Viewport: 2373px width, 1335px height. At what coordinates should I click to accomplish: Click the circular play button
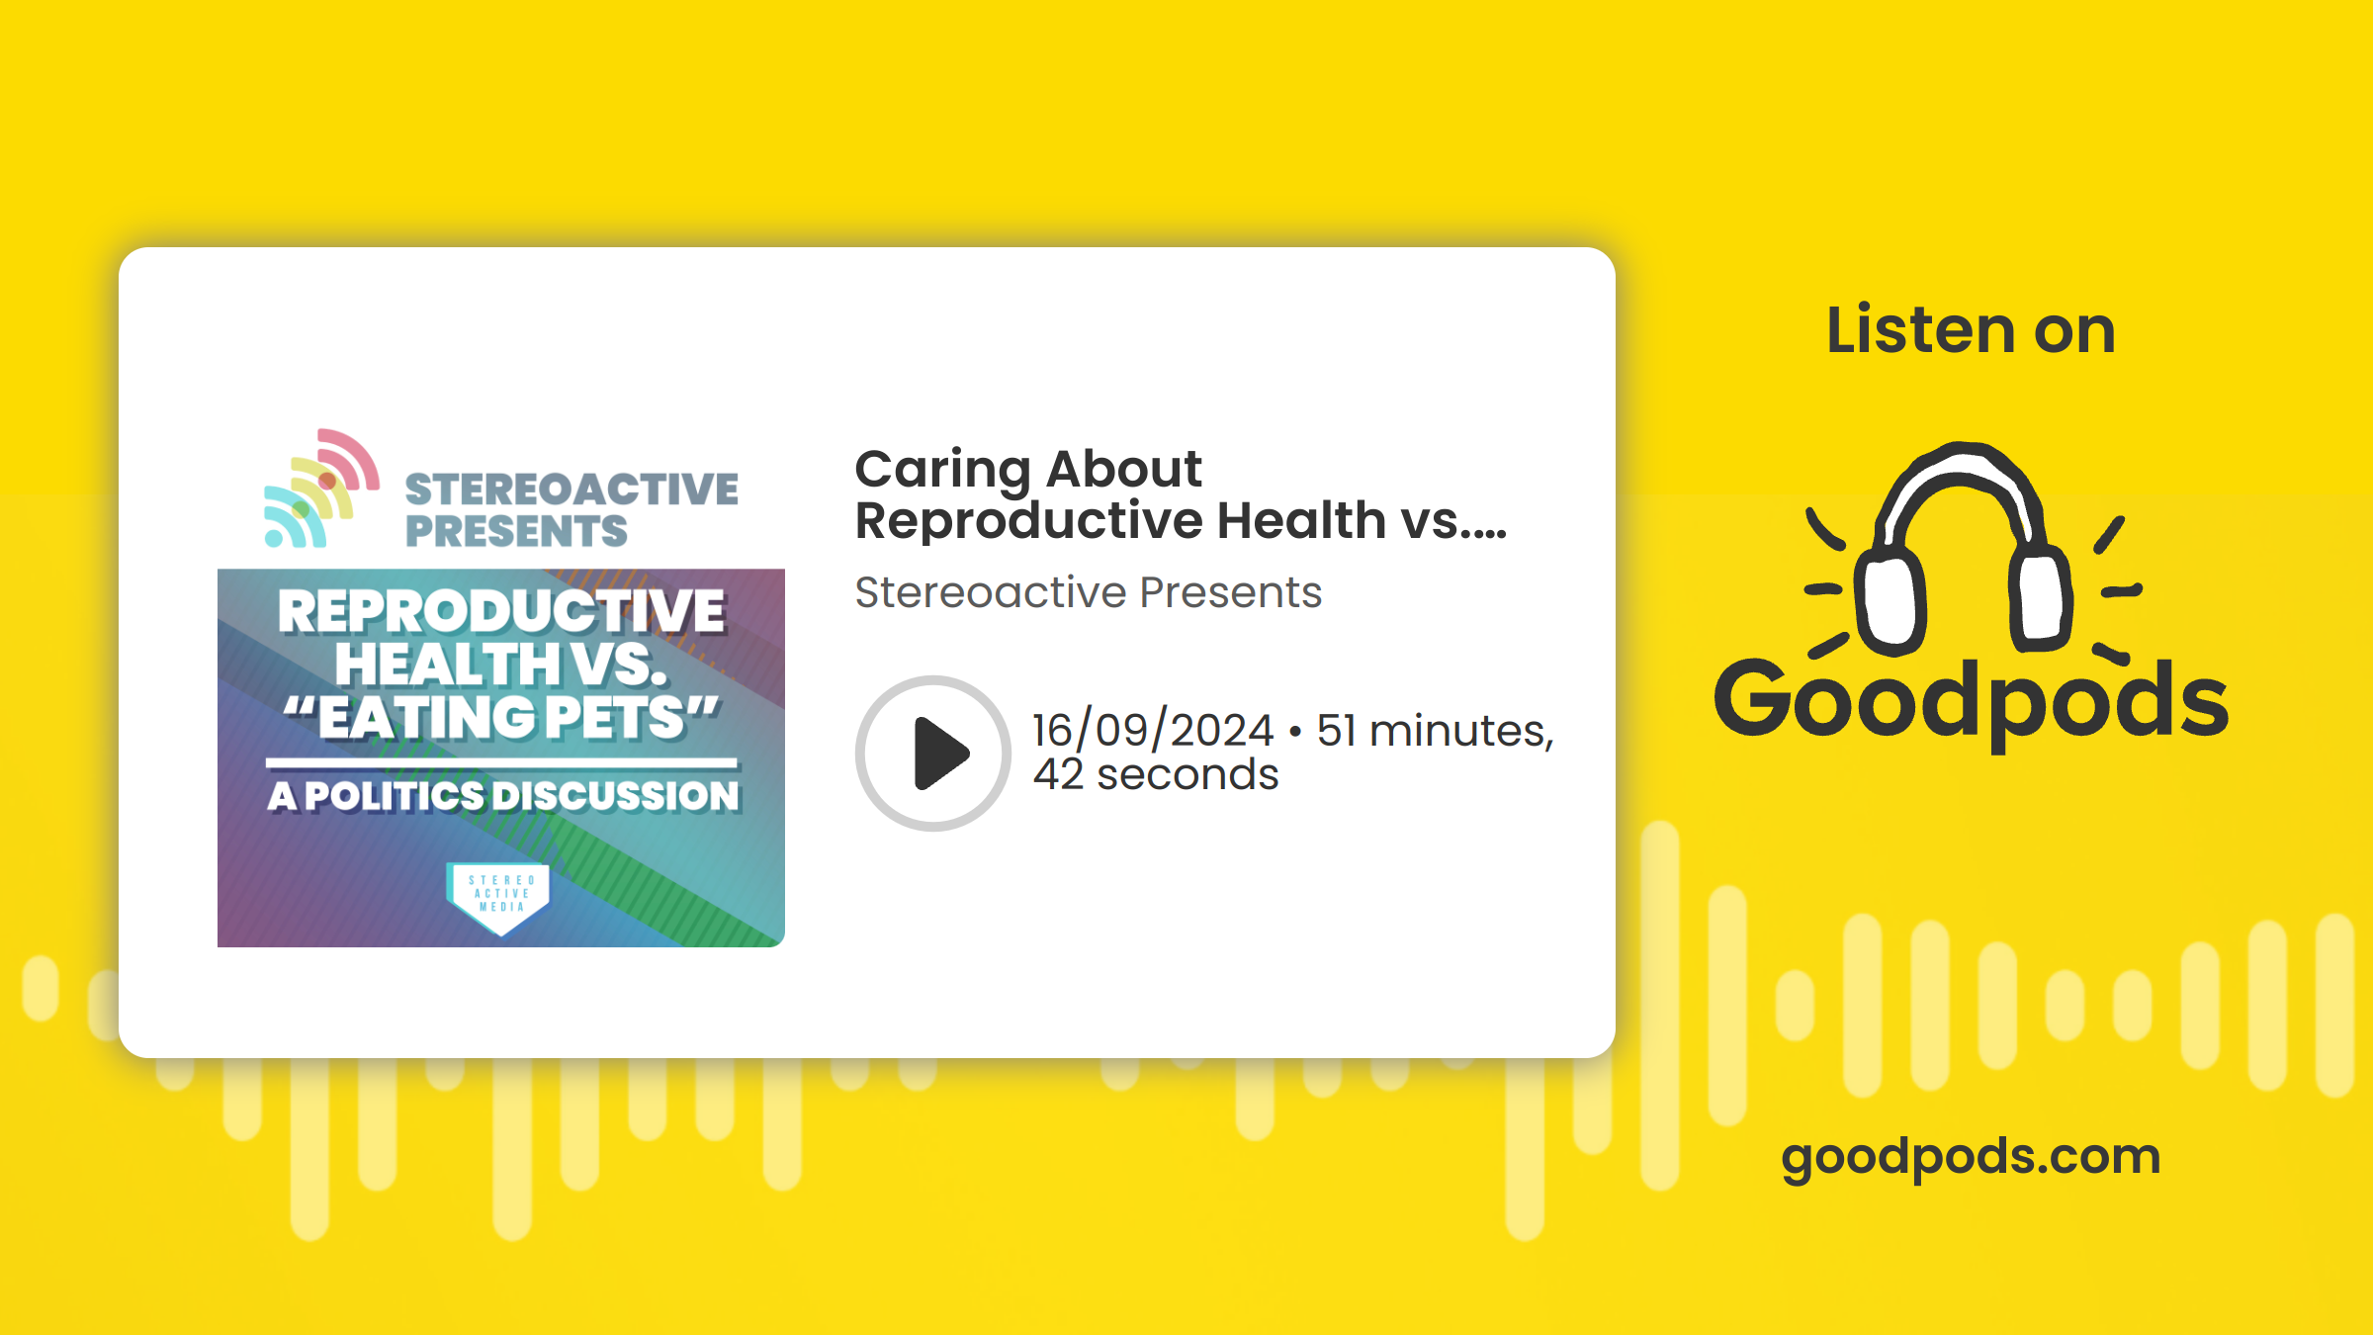[932, 754]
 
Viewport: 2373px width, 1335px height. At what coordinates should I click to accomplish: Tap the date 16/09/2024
[1153, 730]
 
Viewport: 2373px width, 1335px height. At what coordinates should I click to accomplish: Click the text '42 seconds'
[1156, 774]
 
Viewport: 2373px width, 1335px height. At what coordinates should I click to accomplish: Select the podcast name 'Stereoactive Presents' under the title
[1088, 592]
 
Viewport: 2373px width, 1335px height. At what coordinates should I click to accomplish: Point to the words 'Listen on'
[1971, 329]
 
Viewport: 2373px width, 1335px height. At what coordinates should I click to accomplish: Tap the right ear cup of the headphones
[2040, 597]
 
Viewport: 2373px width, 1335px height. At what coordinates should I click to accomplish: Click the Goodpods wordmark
[1971, 700]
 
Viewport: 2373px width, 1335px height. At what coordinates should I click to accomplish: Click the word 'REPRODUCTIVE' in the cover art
[501, 610]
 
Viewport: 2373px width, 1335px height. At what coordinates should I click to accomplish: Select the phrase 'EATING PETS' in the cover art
[501, 717]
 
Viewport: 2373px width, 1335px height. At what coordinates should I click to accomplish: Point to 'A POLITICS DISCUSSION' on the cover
[503, 796]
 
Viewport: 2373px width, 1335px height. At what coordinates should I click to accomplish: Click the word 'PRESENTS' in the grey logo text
[516, 531]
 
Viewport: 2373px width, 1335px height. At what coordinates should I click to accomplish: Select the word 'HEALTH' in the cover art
[448, 664]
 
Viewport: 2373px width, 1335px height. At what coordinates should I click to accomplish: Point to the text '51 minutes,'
[1436, 730]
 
